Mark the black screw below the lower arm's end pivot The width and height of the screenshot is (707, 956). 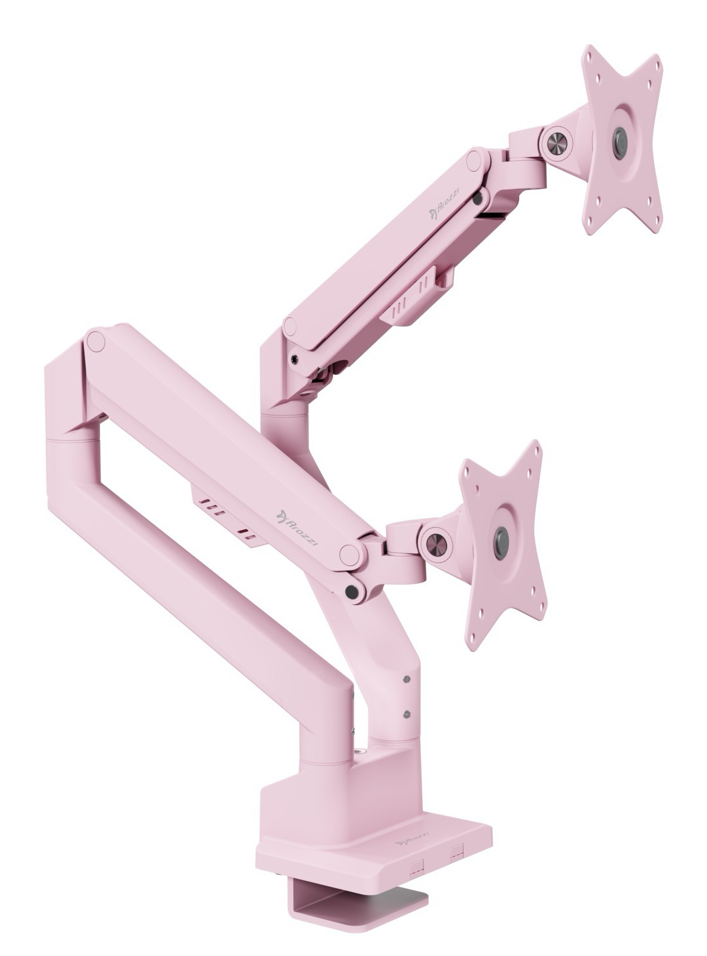(353, 591)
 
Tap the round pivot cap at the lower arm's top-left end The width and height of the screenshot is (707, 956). (96, 340)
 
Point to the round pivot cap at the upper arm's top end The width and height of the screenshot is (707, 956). (476, 158)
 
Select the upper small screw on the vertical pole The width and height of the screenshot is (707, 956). (406, 679)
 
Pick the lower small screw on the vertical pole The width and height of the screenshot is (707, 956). (406, 713)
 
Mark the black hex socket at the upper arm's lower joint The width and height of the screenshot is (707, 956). (295, 359)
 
